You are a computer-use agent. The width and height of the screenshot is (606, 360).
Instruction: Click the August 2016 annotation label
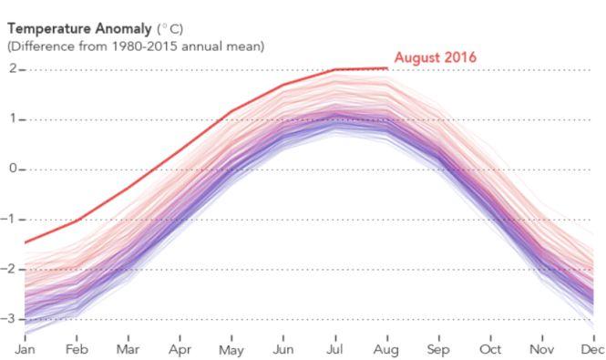click(435, 58)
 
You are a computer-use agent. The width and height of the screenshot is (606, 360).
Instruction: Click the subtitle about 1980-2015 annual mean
click(136, 46)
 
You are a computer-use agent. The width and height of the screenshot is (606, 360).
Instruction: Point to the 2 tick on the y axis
click(13, 69)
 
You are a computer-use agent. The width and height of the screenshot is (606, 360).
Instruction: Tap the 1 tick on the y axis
click(13, 119)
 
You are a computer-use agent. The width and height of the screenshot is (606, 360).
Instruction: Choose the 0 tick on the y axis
click(13, 170)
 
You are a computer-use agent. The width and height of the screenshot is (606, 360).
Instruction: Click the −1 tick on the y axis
click(11, 220)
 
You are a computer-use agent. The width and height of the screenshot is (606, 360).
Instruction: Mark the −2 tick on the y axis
click(11, 270)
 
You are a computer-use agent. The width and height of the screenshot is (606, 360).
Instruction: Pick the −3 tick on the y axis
click(11, 320)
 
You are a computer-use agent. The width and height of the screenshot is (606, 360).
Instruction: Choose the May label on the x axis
click(231, 349)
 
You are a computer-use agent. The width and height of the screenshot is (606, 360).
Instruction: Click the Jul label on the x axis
click(335, 349)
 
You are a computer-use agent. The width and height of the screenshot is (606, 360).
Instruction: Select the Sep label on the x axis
click(439, 349)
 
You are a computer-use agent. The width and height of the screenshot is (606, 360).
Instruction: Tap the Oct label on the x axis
click(491, 349)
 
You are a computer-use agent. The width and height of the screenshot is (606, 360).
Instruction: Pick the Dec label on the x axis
click(592, 349)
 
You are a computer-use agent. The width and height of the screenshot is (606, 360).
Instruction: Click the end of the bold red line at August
click(388, 68)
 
